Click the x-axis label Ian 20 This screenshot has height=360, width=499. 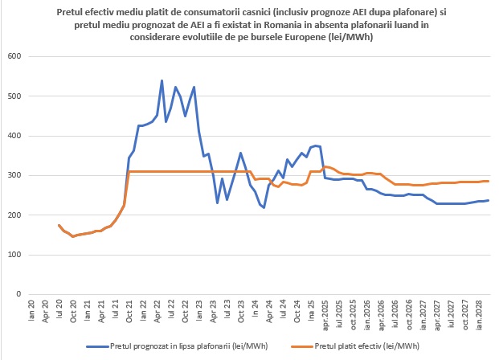tap(31, 309)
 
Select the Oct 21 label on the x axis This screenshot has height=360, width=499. tap(130, 310)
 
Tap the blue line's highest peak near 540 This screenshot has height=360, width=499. tap(162, 81)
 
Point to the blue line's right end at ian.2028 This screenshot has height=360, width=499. tap(488, 201)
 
